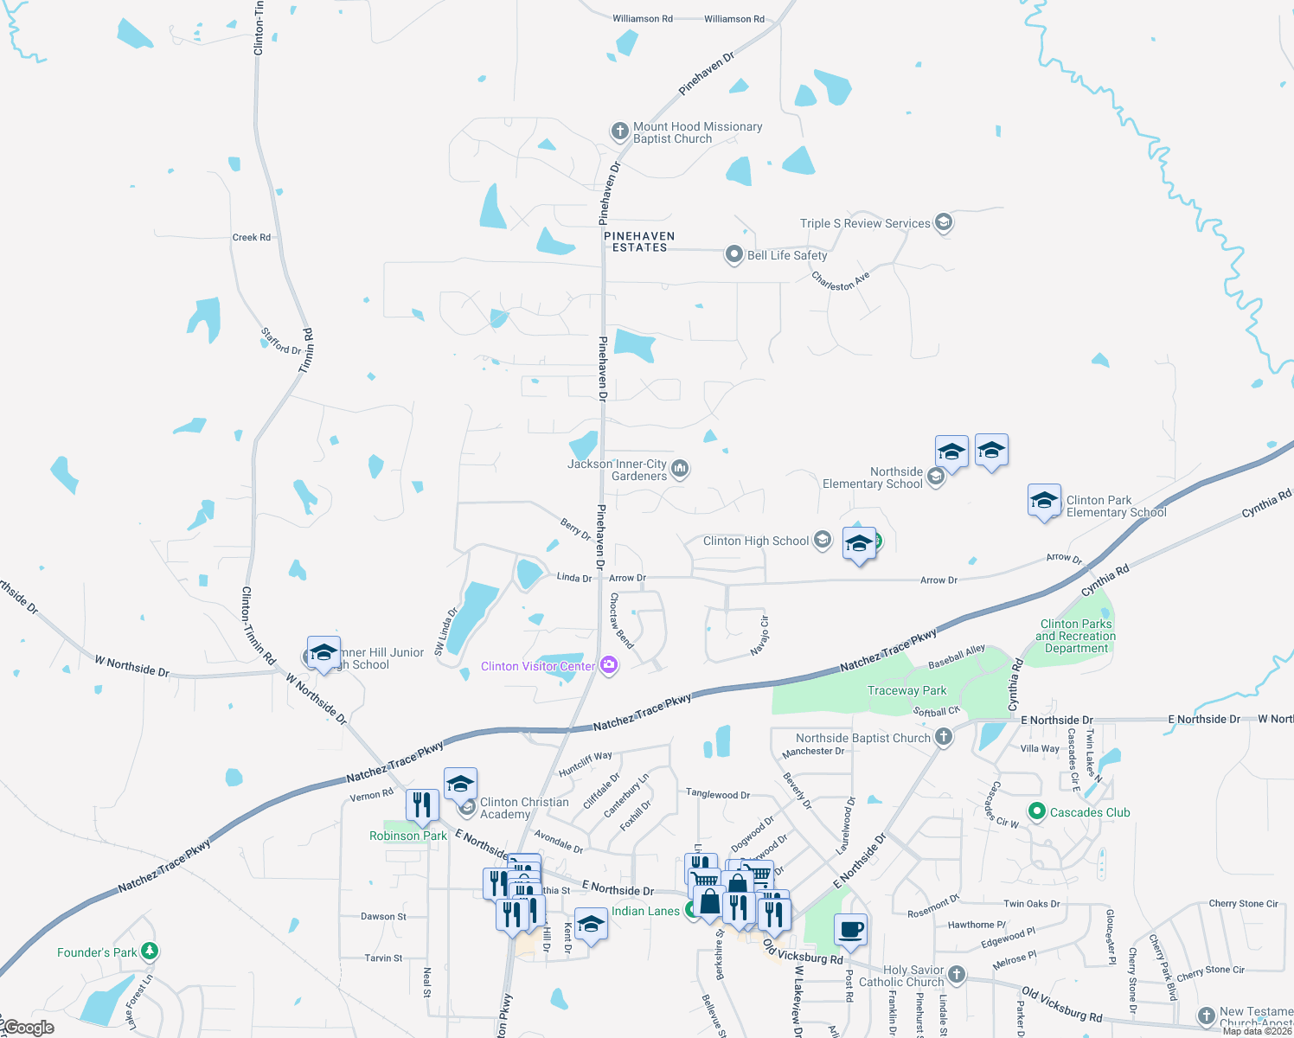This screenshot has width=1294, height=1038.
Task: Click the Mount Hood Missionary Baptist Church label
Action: click(697, 132)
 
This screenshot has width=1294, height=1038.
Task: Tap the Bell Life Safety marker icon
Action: click(734, 254)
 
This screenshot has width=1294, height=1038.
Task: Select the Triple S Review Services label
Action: click(865, 223)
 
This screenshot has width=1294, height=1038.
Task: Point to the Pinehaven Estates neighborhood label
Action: click(639, 241)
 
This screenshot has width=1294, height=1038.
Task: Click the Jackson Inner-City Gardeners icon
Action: click(680, 469)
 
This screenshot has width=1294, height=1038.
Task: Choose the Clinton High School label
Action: click(756, 541)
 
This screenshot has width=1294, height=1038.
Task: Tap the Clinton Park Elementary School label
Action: click(1116, 506)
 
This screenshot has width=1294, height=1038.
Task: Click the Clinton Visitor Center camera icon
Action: click(609, 665)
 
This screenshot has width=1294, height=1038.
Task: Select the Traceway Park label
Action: click(906, 690)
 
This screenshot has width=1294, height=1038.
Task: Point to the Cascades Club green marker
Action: click(1036, 811)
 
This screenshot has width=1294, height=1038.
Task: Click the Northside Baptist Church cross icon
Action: click(944, 737)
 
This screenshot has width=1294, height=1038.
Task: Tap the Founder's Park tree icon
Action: click(150, 951)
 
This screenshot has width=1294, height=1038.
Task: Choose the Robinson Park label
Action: click(408, 836)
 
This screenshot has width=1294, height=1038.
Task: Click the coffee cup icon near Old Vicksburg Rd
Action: click(851, 929)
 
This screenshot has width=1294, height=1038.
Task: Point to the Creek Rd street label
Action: click(251, 237)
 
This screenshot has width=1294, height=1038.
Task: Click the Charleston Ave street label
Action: click(840, 281)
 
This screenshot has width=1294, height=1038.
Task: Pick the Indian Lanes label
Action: click(645, 911)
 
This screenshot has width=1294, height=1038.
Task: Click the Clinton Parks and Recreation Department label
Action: click(1077, 636)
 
